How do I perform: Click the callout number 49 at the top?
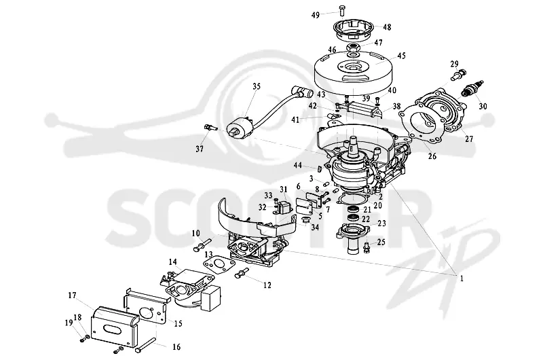tap(315, 15)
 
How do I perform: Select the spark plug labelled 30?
tap(471, 88)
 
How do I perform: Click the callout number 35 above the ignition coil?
tap(257, 86)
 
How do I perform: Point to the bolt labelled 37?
tap(210, 127)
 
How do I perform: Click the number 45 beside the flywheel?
tap(401, 56)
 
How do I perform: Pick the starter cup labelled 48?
tap(353, 29)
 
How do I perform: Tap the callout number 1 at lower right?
tap(462, 278)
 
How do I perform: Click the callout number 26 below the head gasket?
tap(432, 156)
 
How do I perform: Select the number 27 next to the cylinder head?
tap(468, 139)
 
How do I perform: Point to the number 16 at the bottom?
tap(176, 346)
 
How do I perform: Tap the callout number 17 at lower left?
tap(72, 295)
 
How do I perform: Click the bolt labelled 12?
tap(242, 272)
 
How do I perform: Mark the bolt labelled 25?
tap(367, 247)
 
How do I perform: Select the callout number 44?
tap(297, 165)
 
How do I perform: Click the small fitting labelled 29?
tap(459, 75)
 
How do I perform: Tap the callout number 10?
tap(196, 234)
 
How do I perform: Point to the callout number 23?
tap(381, 223)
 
